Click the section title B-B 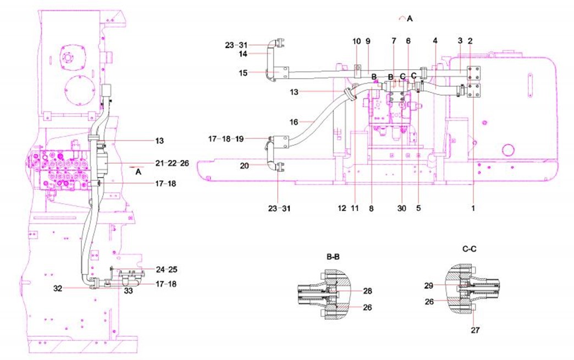[x=333, y=256]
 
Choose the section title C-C [x=469, y=248]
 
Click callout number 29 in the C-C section [x=428, y=286]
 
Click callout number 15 [x=243, y=73]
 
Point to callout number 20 [x=244, y=165]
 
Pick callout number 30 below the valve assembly [x=402, y=208]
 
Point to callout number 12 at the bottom [x=341, y=208]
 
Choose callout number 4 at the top [x=435, y=41]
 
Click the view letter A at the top [x=409, y=18]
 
